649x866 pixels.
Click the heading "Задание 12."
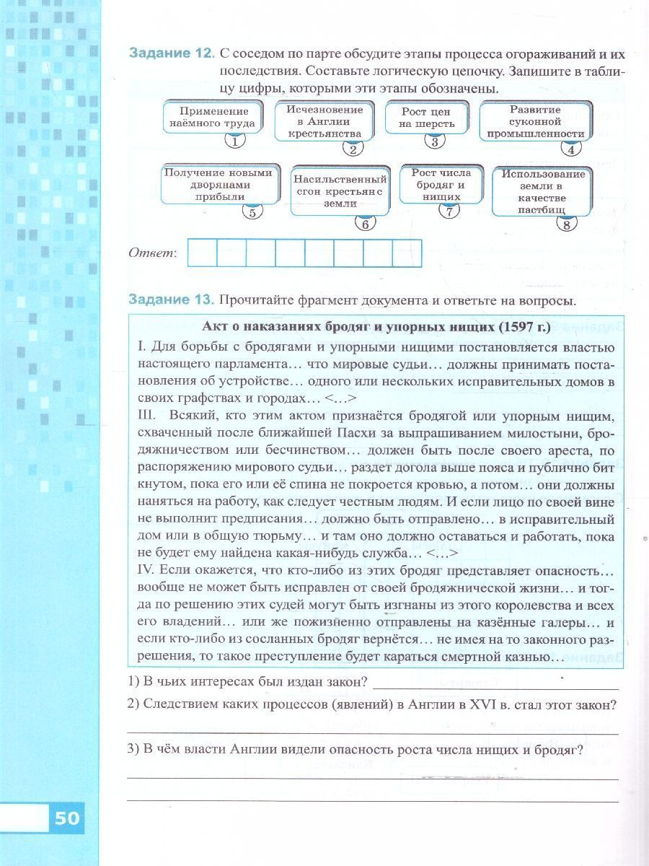click(x=171, y=54)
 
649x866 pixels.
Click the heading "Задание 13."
click(x=171, y=299)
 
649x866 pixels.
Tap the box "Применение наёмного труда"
click(x=214, y=118)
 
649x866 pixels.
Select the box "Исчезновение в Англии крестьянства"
click(x=324, y=121)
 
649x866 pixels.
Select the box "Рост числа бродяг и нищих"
click(x=441, y=185)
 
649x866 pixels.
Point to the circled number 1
click(x=234, y=141)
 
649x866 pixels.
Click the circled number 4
click(x=571, y=149)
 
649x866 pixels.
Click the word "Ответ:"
click(x=152, y=253)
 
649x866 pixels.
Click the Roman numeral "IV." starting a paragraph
click(x=146, y=569)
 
